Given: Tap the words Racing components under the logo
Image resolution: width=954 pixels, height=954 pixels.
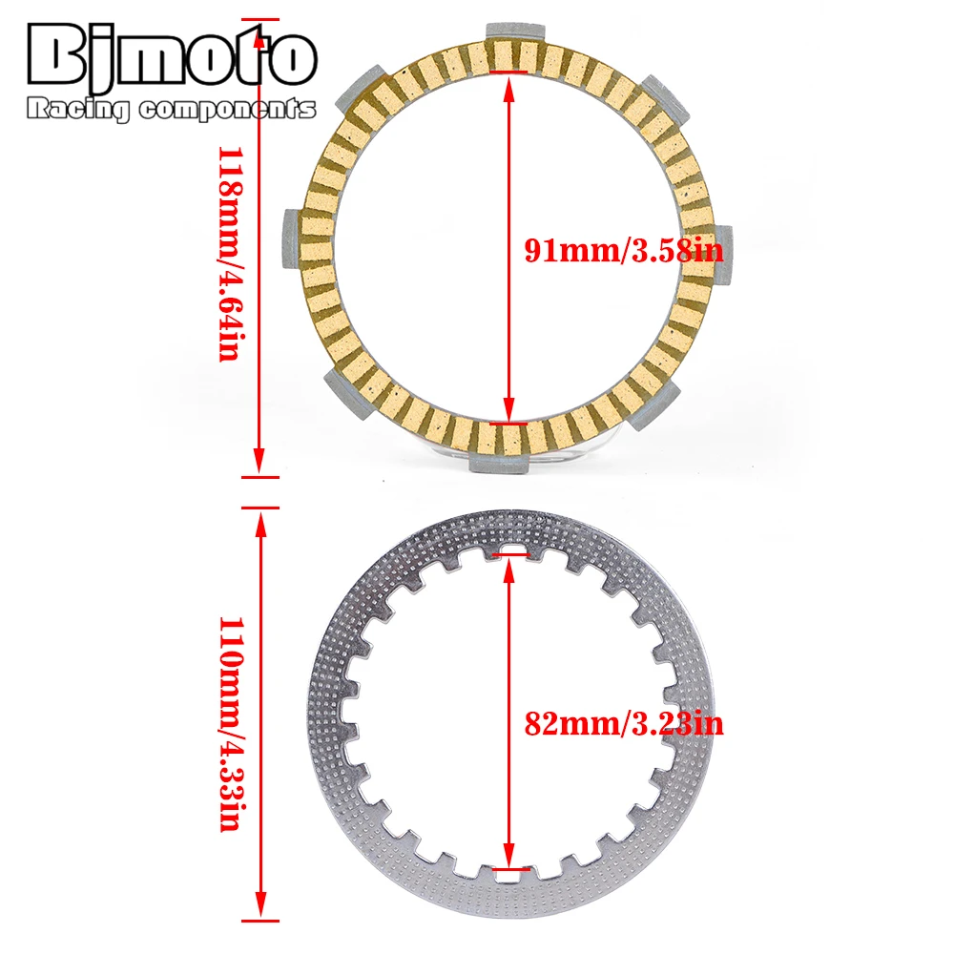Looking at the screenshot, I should tap(172, 110).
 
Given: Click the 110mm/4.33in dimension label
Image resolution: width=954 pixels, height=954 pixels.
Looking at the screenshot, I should tap(230, 723).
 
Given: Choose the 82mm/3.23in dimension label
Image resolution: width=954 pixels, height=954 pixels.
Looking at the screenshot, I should tap(624, 724).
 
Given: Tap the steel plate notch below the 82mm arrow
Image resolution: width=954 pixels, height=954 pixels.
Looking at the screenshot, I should tap(508, 872).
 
